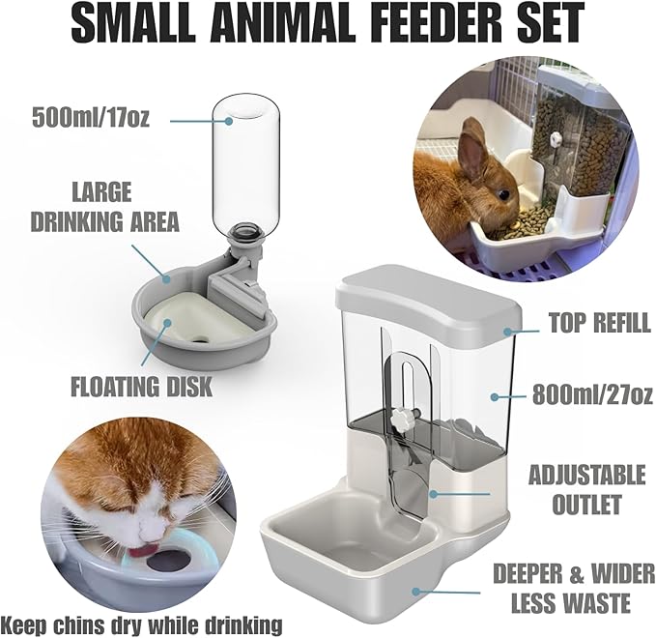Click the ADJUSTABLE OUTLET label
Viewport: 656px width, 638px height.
587,489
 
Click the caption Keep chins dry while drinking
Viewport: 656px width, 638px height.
141,623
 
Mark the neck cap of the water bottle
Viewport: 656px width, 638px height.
245,234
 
